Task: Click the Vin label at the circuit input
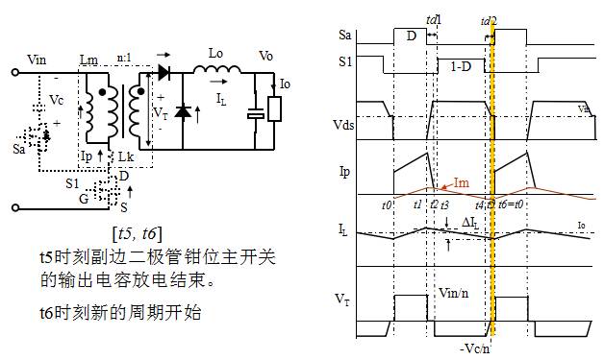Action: [x=36, y=60]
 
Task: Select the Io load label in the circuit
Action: [x=285, y=84]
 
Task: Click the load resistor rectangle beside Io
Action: [x=275, y=108]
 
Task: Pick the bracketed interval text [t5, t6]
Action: [x=137, y=233]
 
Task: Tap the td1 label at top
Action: [x=434, y=18]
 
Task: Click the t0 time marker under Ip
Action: [x=387, y=205]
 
